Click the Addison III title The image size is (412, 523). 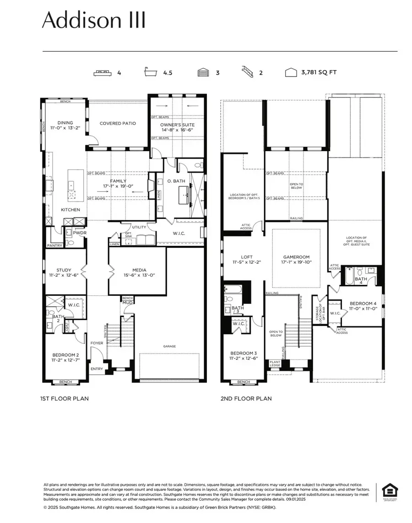click(94, 21)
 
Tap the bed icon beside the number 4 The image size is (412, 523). click(102, 72)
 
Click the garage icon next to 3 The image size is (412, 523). click(203, 72)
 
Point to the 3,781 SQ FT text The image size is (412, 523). click(319, 72)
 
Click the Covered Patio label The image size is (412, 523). click(118, 123)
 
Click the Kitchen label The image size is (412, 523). click(70, 210)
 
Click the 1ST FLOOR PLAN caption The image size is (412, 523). click(65, 398)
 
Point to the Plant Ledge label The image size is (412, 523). click(275, 363)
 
